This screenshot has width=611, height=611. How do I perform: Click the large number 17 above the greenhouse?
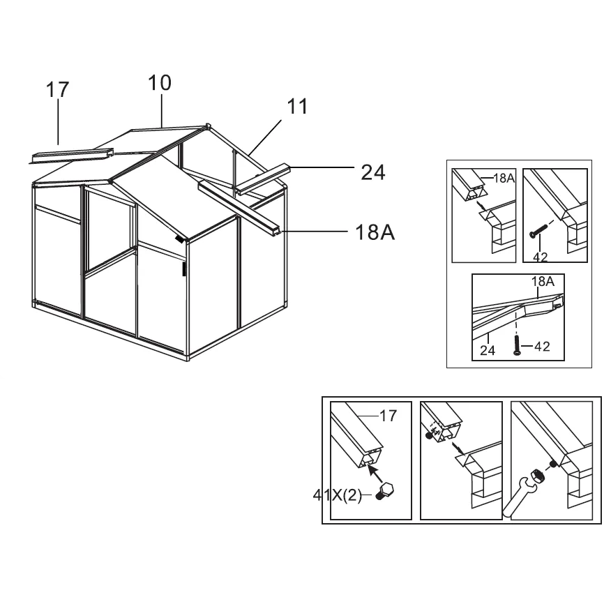57,89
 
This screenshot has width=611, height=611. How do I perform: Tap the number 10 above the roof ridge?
159,83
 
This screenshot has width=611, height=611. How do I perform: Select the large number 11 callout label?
297,107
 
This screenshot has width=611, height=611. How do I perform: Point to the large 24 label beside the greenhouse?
373,172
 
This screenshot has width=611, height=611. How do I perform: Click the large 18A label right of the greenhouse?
375,233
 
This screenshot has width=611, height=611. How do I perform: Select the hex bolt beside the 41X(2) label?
384,491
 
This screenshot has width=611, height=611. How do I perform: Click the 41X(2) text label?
338,495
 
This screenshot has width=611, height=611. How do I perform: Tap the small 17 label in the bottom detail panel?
388,416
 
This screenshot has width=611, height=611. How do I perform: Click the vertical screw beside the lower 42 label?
516,345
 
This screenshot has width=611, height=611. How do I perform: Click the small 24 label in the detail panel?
488,350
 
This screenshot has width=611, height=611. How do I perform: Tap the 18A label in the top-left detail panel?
504,178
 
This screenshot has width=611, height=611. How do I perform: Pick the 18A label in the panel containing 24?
543,281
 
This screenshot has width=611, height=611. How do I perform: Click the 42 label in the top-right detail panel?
540,257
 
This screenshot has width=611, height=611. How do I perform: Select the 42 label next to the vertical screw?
542,346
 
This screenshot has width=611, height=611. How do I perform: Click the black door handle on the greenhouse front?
184,269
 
